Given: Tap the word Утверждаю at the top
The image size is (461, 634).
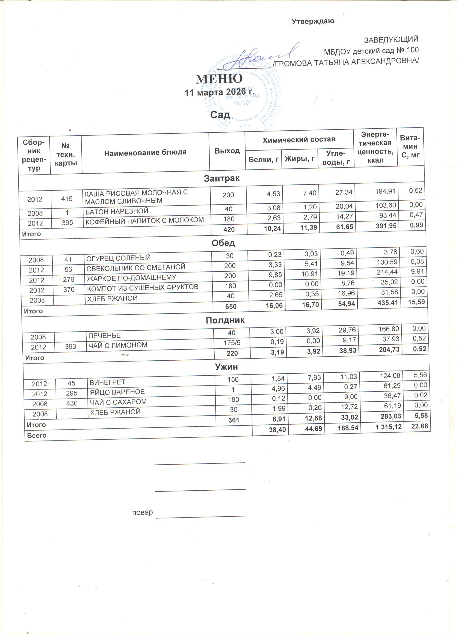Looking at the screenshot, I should pyautogui.click(x=315, y=22).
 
